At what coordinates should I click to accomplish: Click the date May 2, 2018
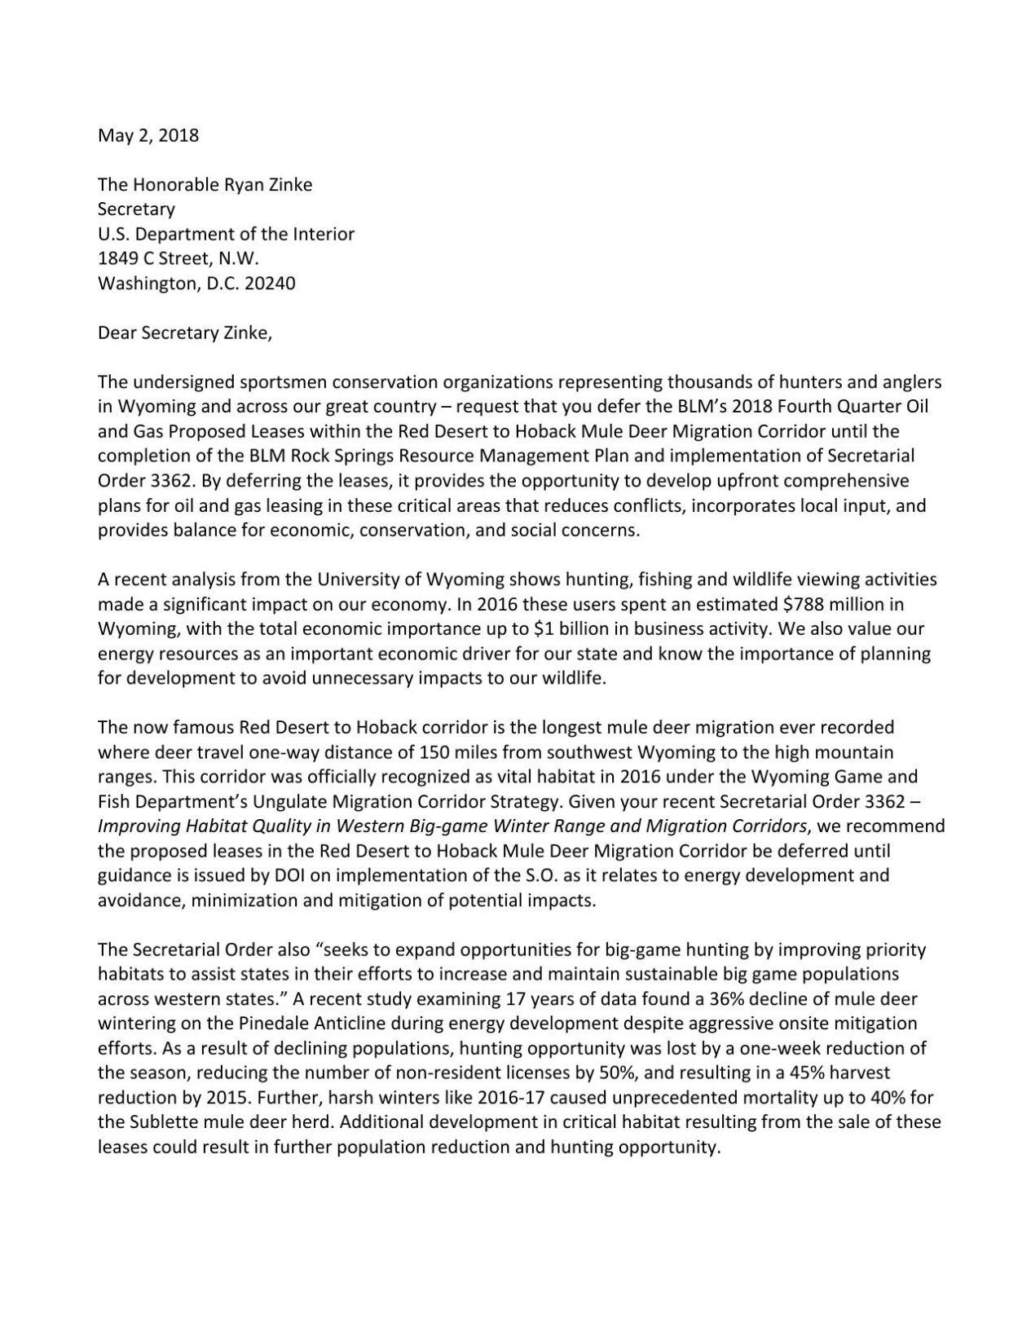pyautogui.click(x=148, y=135)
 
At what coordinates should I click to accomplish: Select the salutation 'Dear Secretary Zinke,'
pyautogui.click(x=185, y=333)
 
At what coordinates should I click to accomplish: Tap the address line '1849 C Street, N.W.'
pyautogui.click(x=178, y=259)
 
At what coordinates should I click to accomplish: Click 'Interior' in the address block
pyautogui.click(x=324, y=234)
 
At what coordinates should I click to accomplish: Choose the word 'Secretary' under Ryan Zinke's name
pyautogui.click(x=136, y=209)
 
